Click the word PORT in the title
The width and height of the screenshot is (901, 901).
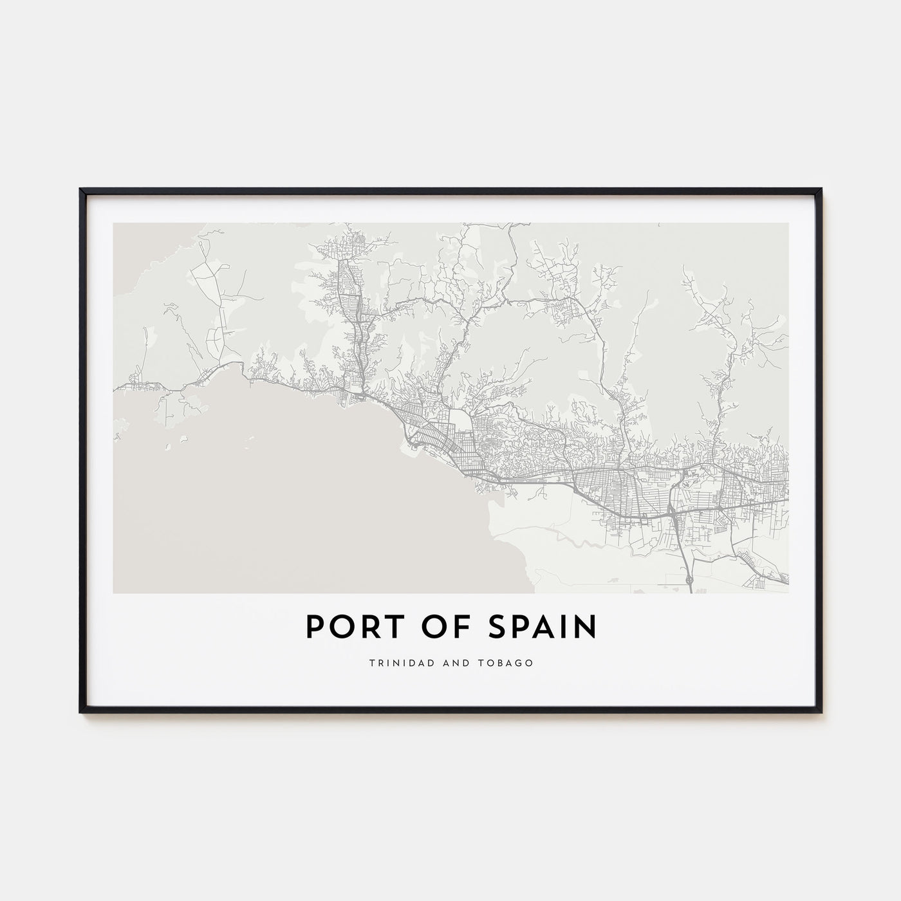click(x=345, y=627)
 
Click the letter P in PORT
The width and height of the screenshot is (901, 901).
click(x=313, y=627)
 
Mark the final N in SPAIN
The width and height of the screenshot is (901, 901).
click(x=585, y=627)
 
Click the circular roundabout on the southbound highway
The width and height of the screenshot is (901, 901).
click(x=689, y=581)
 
